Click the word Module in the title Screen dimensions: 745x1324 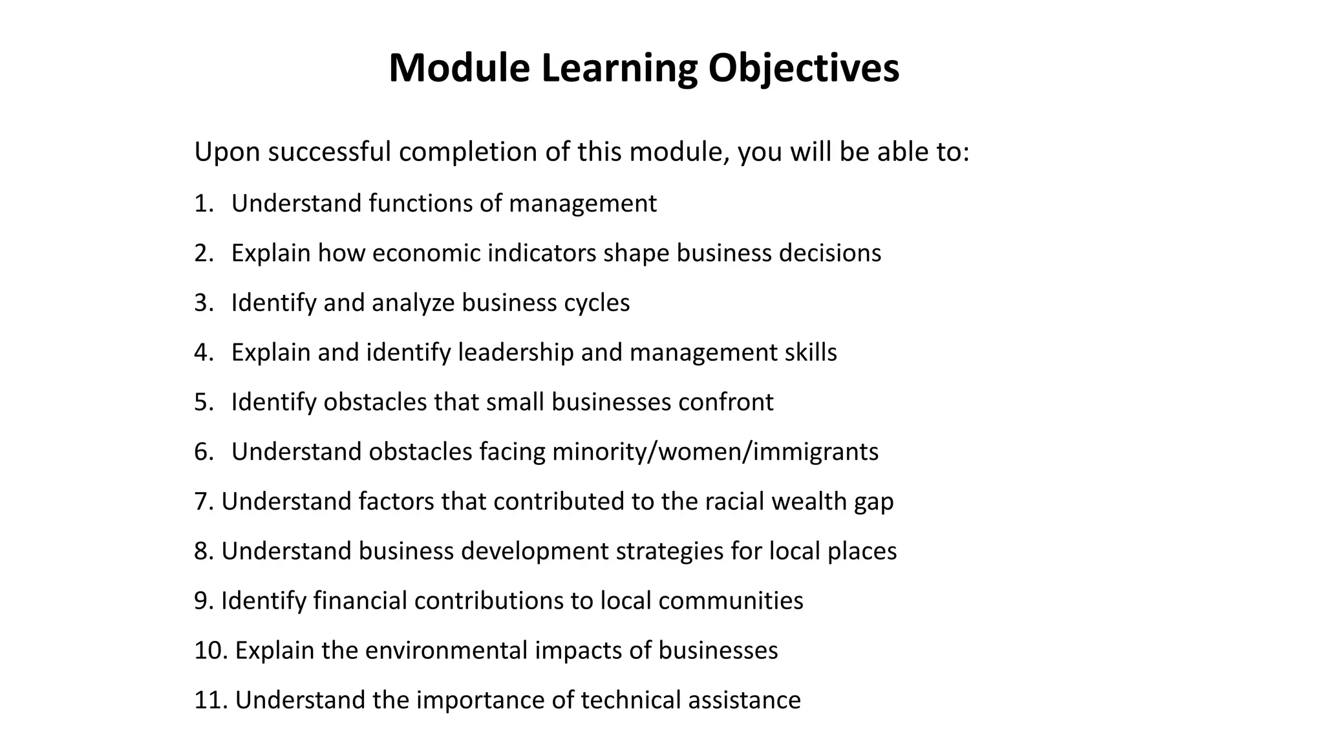coord(459,68)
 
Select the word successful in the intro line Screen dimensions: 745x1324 coord(330,152)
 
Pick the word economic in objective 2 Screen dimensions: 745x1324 coord(427,253)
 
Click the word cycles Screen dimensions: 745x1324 coord(597,303)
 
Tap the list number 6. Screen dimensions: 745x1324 coord(203,451)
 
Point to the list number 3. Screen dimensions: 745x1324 coord(203,303)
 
